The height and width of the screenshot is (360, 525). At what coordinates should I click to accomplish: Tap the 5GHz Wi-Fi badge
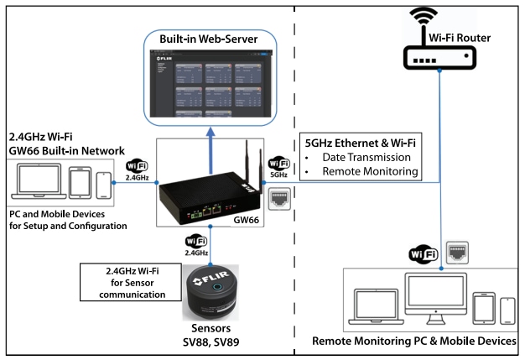point(279,166)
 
